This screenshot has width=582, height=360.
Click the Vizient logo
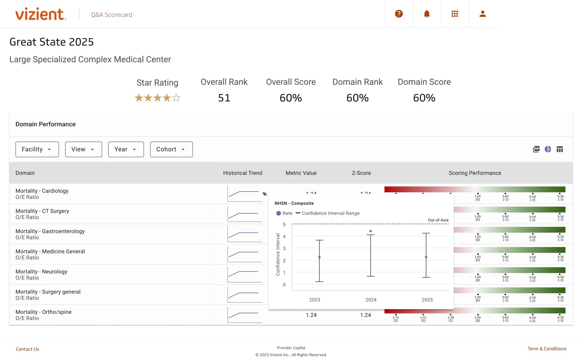[x=41, y=14]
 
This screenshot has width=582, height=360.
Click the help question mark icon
[x=399, y=14]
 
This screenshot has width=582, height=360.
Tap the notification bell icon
[x=427, y=14]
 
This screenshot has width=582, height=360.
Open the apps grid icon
[x=455, y=14]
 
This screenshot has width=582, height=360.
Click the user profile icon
[x=483, y=14]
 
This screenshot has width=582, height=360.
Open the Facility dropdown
[x=37, y=149]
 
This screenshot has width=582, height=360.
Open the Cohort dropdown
[x=171, y=149]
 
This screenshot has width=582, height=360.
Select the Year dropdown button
[x=126, y=149]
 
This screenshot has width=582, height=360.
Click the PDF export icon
[x=536, y=149]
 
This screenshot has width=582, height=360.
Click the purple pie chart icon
[x=548, y=149]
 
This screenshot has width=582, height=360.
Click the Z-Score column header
[x=361, y=173]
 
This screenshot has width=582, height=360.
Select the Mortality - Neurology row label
[x=41, y=272]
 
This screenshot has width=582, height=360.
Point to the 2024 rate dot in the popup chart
[x=370, y=231]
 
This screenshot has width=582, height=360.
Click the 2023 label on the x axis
[x=315, y=300]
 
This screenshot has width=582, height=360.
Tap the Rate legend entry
[x=284, y=213]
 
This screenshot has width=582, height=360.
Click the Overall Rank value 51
[x=224, y=98]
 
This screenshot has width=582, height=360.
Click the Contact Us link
[x=27, y=349]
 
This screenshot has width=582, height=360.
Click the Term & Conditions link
[x=547, y=349]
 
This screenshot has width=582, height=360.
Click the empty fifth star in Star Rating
[x=176, y=98]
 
